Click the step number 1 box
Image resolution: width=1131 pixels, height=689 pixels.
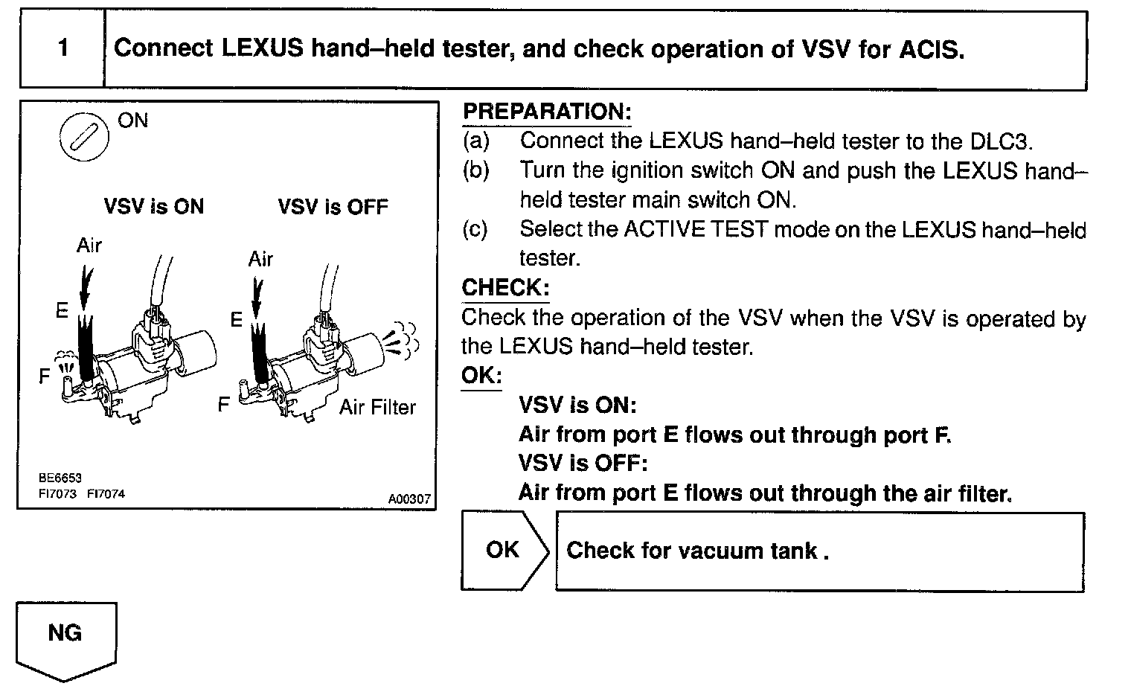coord(63,49)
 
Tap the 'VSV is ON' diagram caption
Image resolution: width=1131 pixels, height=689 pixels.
coord(153,206)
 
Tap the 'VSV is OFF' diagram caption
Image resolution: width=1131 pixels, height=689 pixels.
coord(333,206)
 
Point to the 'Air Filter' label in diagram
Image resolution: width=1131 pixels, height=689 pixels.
coord(377,407)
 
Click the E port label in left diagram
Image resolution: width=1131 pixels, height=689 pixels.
coord(63,311)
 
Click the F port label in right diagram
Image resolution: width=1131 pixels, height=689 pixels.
coord(223,405)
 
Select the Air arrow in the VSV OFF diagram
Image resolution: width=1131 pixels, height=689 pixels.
coord(257,294)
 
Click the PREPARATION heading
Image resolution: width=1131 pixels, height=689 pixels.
coord(547,112)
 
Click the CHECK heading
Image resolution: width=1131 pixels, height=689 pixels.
coord(505,288)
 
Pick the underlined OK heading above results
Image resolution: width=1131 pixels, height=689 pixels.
coord(481,376)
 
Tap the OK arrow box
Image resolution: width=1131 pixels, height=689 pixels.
coord(504,550)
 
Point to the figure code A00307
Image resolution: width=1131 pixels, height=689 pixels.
coord(409,499)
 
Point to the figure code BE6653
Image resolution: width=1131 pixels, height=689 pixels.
coord(60,478)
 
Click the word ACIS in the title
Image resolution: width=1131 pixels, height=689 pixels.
coord(930,49)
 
